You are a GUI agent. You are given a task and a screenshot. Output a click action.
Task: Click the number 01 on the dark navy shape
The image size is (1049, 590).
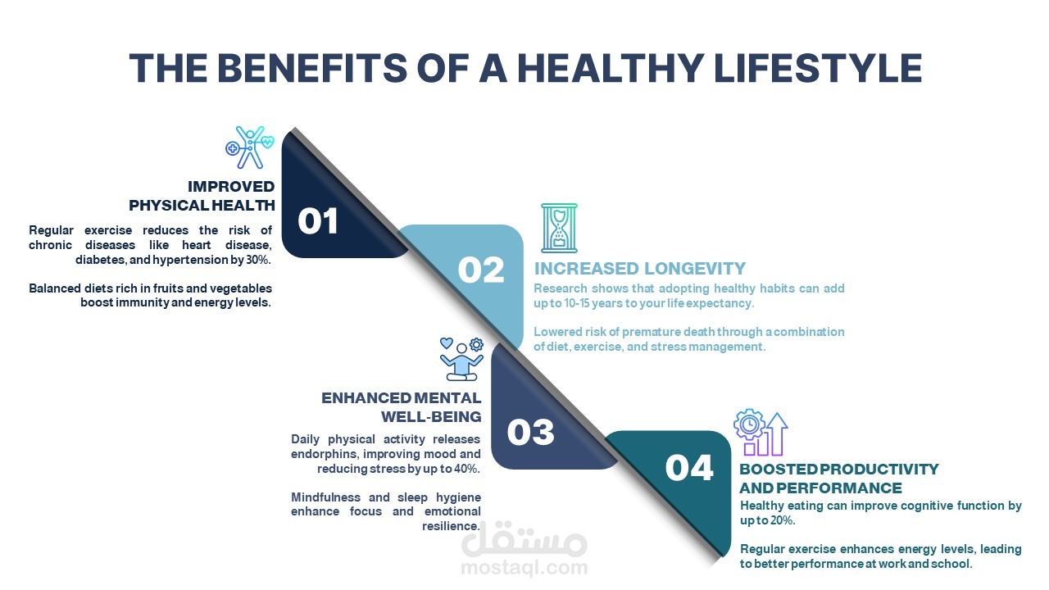coord(317,221)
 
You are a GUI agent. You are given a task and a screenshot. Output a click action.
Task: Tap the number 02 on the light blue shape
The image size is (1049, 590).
coord(480,270)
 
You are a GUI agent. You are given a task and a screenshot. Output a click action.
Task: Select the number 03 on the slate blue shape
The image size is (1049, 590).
coord(530,432)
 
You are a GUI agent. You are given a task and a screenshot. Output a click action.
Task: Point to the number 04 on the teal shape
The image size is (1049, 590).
coord(689,467)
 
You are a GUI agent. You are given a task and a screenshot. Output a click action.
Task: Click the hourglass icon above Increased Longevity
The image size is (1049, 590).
coord(559,228)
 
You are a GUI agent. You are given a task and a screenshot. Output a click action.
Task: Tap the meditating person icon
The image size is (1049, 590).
coord(461,359)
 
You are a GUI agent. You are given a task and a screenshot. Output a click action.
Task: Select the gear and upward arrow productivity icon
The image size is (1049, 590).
coord(761,432)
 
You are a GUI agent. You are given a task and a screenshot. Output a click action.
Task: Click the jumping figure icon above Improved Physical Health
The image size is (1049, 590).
coord(250,147)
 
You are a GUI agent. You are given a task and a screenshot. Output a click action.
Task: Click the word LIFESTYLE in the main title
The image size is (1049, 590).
coord(818,68)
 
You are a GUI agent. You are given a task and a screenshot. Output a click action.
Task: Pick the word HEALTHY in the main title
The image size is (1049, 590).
coord(611,68)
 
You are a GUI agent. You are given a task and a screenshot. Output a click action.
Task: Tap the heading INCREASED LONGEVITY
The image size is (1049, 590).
coord(640,268)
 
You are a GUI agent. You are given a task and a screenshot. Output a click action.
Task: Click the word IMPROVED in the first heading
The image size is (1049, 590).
coord(231,186)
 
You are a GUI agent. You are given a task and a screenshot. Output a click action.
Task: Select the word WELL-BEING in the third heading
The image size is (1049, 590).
coord(431,416)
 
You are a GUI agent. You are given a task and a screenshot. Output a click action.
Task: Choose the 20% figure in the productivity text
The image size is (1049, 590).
coord(782,520)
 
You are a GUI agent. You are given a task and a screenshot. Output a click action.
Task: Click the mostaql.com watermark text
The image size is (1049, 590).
coord(524,568)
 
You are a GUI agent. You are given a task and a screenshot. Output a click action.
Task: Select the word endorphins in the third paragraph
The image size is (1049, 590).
coord(324,454)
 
